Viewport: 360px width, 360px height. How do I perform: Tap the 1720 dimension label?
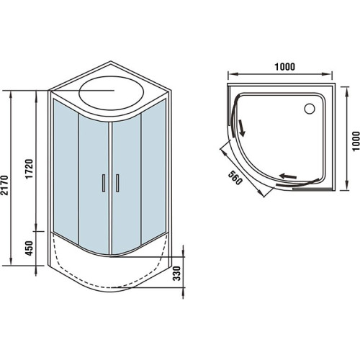point(30,168)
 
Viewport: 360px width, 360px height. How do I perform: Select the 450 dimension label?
point(29,248)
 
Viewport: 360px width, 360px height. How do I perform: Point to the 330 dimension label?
point(177,273)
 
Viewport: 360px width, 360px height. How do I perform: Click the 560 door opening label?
point(234,178)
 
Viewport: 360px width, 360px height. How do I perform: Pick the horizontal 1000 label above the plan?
point(284,67)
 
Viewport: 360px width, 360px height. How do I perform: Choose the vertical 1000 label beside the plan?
point(356,140)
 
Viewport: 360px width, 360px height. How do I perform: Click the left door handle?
point(104,183)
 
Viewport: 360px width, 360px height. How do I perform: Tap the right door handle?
point(117,183)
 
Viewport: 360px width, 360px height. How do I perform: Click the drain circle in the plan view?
point(310,109)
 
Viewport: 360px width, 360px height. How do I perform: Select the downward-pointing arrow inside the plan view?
point(242,128)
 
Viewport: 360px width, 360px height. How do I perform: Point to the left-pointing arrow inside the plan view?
point(288,176)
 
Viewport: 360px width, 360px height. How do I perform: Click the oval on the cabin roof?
point(112,92)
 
